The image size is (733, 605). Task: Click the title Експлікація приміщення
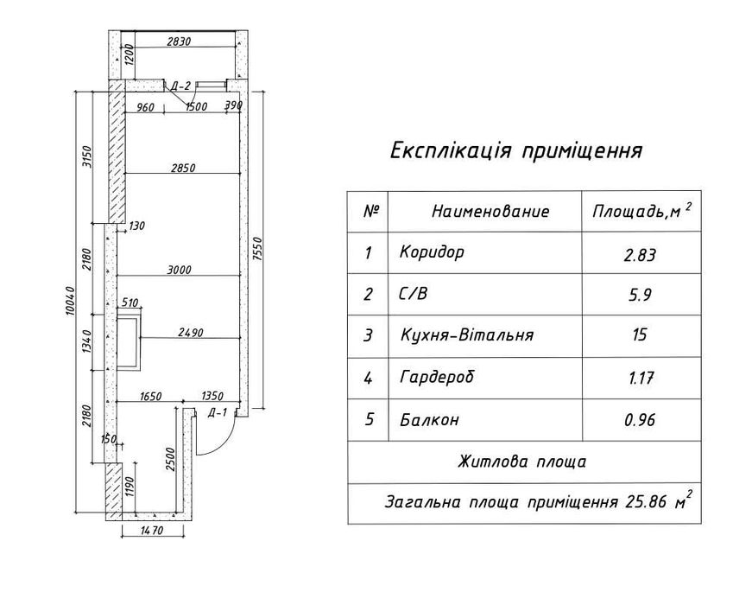tap(516, 151)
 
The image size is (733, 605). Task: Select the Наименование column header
tap(490, 212)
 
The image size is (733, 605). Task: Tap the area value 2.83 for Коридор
tap(640, 255)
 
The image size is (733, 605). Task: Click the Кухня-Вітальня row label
tap(466, 335)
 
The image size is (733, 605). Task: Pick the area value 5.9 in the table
tap(640, 295)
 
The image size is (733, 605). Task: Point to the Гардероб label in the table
tap(438, 378)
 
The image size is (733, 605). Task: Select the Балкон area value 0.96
tap(640, 421)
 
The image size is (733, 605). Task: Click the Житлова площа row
tap(521, 462)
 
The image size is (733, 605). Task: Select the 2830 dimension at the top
tap(179, 41)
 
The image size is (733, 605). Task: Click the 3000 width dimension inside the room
tap(179, 270)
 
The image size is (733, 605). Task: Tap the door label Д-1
tap(218, 412)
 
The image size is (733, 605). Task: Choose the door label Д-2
tap(180, 86)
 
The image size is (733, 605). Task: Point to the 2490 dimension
tap(190, 331)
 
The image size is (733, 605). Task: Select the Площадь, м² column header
tap(641, 212)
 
